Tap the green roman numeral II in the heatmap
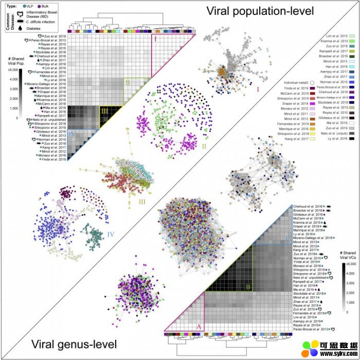128,82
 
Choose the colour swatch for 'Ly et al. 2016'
353,138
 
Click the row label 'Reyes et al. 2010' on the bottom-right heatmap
307,324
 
